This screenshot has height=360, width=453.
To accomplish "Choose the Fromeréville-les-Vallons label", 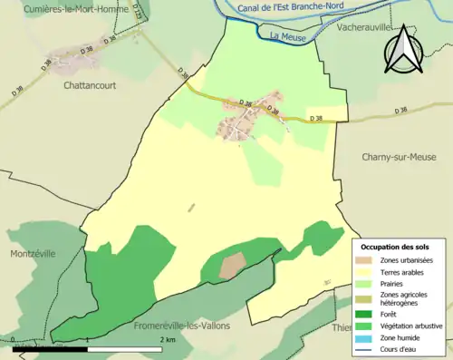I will point(181,325).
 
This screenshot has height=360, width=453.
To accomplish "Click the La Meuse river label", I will point(286,37).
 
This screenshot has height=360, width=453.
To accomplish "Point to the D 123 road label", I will point(111,12).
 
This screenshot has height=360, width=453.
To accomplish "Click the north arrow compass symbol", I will point(404,50).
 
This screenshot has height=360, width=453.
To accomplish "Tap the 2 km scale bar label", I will point(168,339).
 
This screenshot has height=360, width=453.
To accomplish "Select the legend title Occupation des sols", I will point(396,246).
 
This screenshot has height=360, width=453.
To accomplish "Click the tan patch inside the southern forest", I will point(233,265).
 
